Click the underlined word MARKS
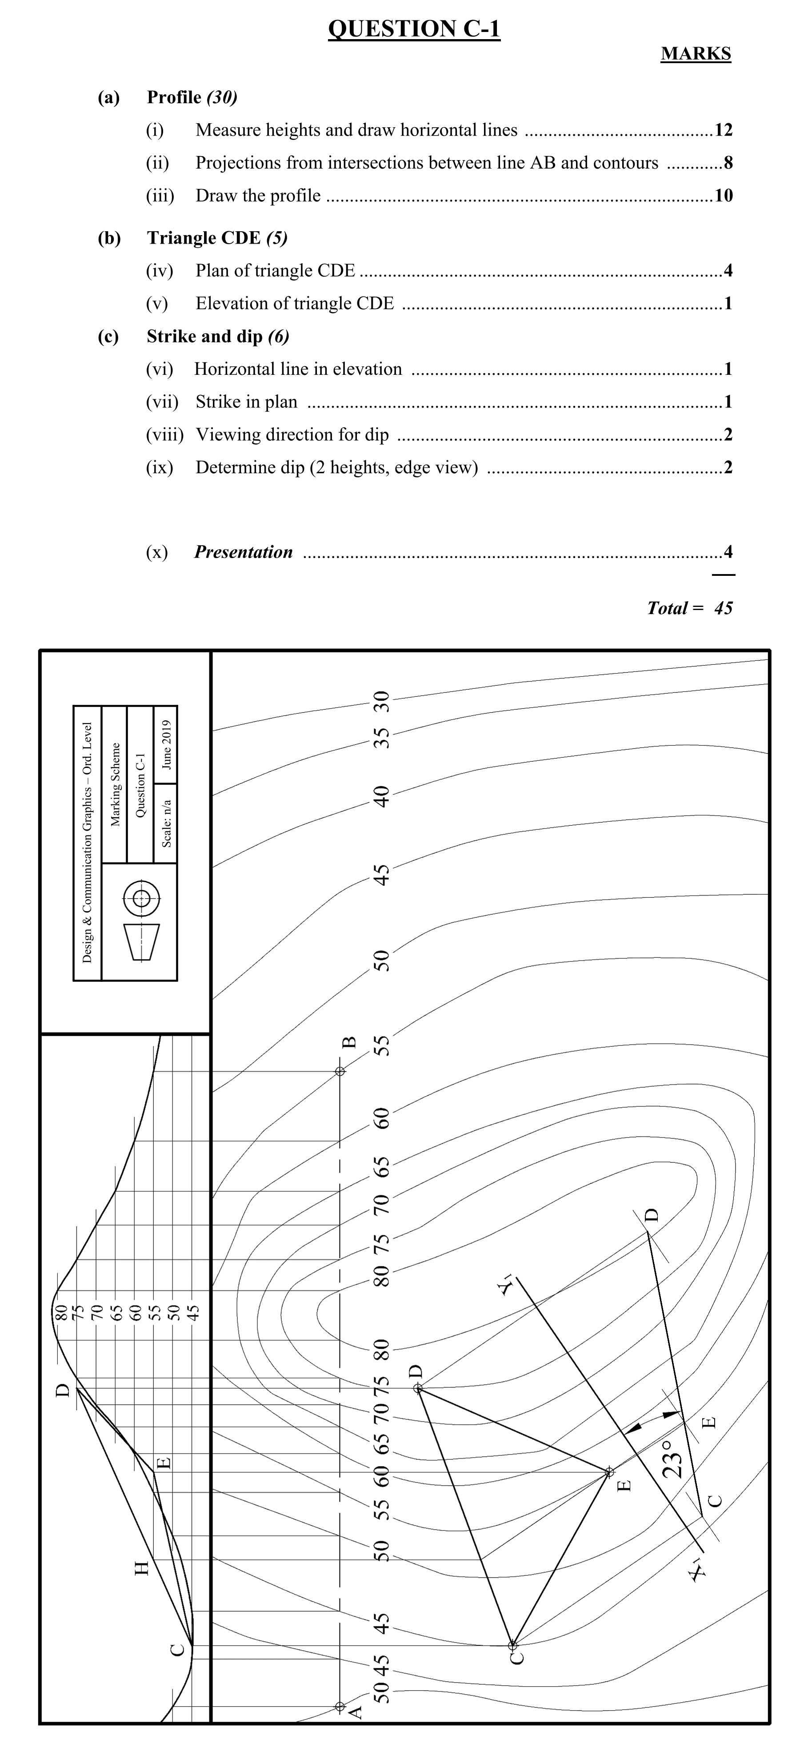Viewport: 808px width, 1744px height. click(x=696, y=54)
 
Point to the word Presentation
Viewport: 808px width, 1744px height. click(x=244, y=552)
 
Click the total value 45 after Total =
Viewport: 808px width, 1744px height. click(x=724, y=608)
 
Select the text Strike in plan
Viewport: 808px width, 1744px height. click(x=246, y=402)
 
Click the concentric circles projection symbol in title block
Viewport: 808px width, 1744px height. click(x=141, y=898)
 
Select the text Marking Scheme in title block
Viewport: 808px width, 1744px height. click(x=115, y=784)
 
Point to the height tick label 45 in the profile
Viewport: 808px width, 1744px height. click(x=194, y=1313)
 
